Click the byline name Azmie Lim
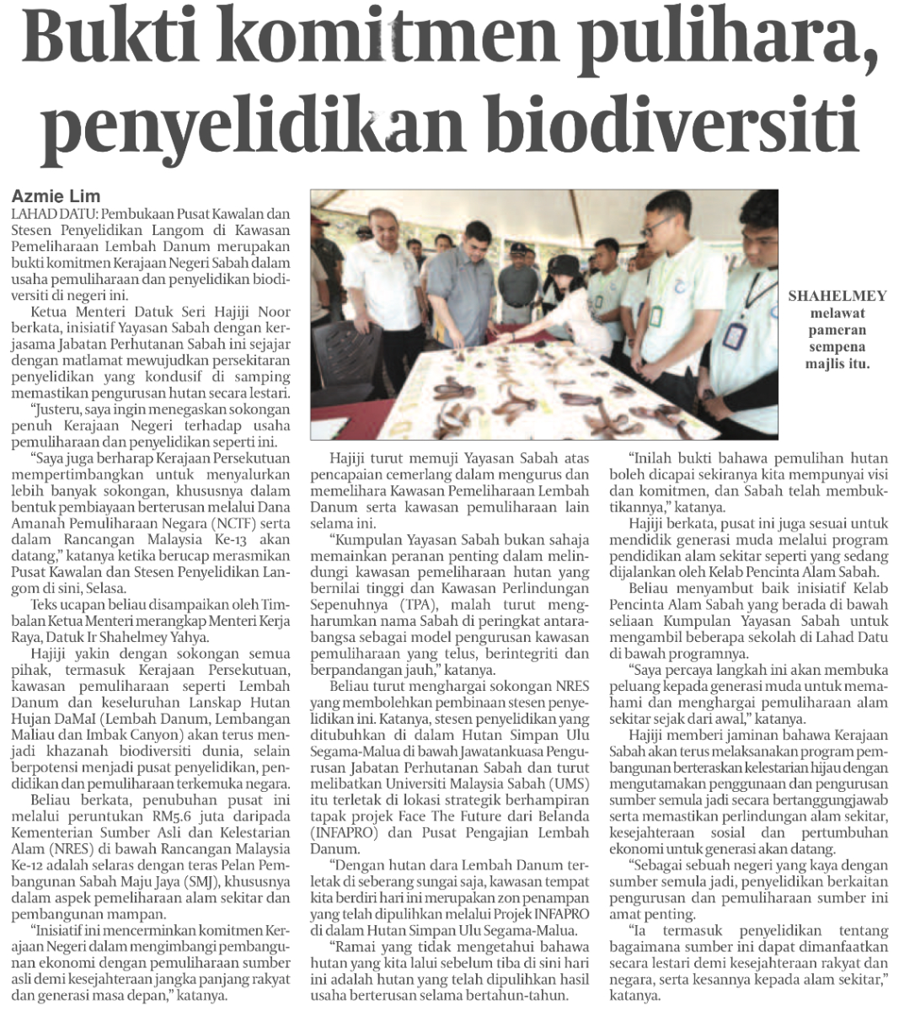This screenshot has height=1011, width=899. coord(56,197)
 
